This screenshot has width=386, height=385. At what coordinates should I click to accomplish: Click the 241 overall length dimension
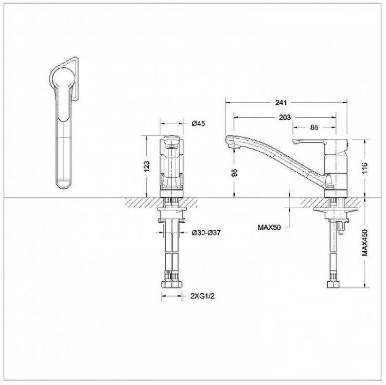click(281, 102)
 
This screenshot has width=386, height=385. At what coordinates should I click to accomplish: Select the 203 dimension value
click(285, 117)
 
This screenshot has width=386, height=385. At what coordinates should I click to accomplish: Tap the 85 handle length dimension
click(314, 127)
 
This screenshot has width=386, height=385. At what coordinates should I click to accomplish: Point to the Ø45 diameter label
click(198, 123)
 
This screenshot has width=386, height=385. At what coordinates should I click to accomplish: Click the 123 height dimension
click(147, 167)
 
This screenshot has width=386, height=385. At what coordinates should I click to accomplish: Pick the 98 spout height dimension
click(234, 173)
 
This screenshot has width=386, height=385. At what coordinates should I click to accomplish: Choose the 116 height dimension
click(364, 168)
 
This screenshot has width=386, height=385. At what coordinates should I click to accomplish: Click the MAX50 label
click(269, 227)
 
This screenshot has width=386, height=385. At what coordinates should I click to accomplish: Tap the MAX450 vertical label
click(364, 243)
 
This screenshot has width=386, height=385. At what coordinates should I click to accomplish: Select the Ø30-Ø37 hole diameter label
click(206, 232)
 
